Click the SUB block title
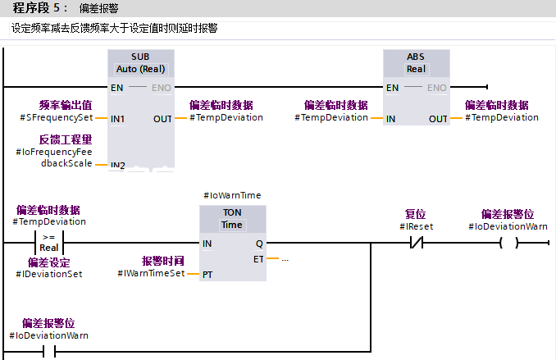[141, 57]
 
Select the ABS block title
[416, 57]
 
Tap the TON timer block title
[232, 212]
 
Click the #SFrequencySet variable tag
[57, 118]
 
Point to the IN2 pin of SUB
[118, 166]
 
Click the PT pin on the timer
[207, 274]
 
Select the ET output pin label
[258, 259]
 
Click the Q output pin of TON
[259, 244]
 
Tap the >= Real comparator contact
[49, 244]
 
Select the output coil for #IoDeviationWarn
[509, 244]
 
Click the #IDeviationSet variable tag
[49, 273]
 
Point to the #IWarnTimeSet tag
[151, 273]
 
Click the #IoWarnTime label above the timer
[232, 195]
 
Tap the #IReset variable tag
[417, 226]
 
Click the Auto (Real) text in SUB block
[141, 69]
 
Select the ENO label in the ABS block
[437, 88]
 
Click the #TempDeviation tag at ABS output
[502, 117]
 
